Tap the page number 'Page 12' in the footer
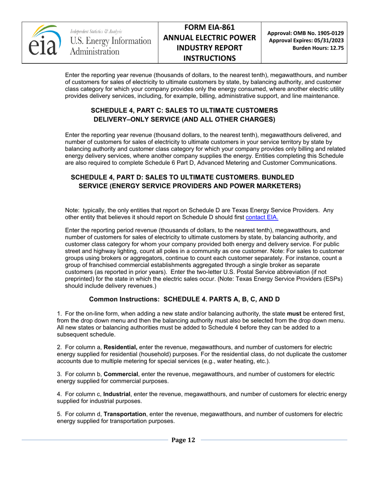(x=183, y=440)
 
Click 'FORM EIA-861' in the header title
(x=209, y=28)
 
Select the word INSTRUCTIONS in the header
(x=209, y=58)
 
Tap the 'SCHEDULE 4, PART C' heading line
(x=184, y=110)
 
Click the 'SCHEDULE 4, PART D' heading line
(x=182, y=177)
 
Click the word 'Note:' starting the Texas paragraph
(x=72, y=210)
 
